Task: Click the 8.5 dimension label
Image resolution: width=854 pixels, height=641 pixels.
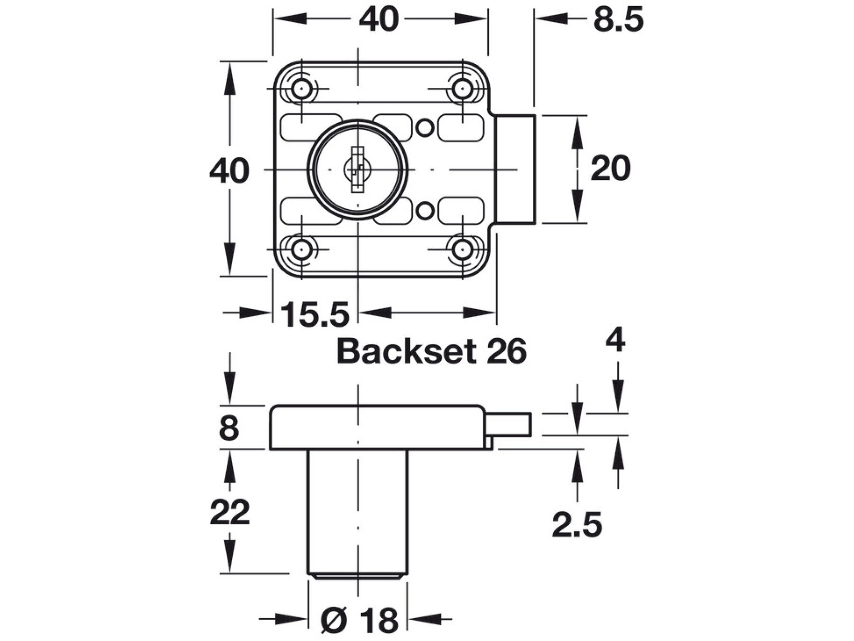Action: click(x=618, y=20)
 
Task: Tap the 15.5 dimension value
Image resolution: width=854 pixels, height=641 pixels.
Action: click(x=315, y=315)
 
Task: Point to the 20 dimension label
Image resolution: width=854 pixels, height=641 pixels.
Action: click(x=610, y=169)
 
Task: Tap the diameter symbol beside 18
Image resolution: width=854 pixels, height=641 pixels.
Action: click(x=334, y=620)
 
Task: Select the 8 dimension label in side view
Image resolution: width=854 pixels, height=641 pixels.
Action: click(x=229, y=428)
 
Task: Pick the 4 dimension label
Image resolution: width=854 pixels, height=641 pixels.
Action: click(x=615, y=340)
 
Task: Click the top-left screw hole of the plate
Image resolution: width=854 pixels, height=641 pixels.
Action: click(x=301, y=89)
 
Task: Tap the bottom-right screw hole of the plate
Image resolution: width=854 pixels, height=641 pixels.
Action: click(x=462, y=250)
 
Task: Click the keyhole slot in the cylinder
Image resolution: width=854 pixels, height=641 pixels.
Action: click(x=357, y=170)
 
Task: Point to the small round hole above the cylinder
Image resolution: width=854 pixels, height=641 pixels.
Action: click(x=425, y=127)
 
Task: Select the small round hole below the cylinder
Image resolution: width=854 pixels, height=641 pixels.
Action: click(x=425, y=210)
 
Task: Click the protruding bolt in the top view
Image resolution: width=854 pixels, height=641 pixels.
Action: click(x=515, y=169)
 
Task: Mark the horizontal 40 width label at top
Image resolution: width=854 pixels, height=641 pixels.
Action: click(x=379, y=20)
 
